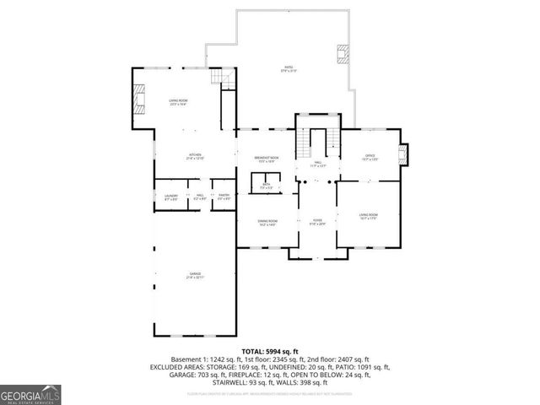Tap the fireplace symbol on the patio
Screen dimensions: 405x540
341,54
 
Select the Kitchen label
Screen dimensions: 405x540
195,157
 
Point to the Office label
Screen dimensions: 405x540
370,157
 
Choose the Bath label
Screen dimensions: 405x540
265,185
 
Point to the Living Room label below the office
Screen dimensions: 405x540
369,217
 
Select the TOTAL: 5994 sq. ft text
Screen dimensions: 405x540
269,350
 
